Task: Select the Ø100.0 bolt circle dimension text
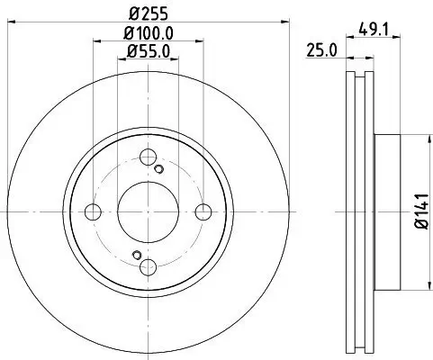click(149, 32)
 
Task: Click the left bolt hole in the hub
click(94, 212)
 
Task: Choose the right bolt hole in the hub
click(203, 212)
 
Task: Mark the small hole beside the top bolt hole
click(159, 170)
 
